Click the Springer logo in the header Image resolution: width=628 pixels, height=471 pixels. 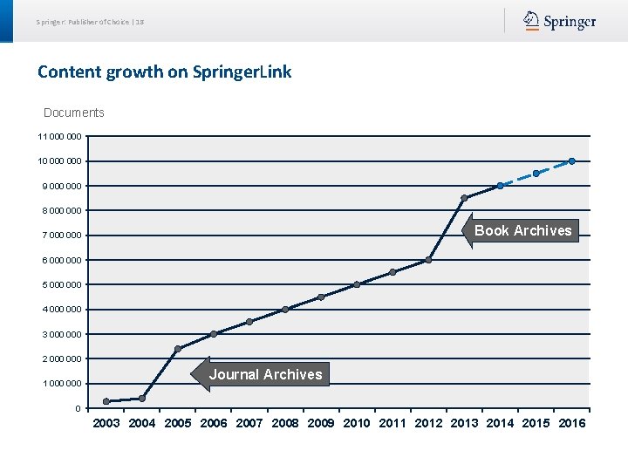coord(560,21)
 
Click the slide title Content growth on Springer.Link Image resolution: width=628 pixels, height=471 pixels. coord(164,72)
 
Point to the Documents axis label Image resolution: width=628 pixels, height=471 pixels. coord(74,113)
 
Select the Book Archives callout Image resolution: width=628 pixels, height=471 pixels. coord(522,230)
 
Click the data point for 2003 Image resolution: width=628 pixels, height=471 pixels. coord(106,401)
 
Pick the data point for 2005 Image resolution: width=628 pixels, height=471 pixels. coord(178,349)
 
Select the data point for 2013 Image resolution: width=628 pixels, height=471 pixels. coord(464,199)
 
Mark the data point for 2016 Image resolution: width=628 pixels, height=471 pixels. coord(572,160)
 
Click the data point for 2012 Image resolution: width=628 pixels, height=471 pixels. coord(428,260)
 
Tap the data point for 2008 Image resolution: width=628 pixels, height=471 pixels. coord(285,310)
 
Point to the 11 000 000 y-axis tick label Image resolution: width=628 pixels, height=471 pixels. coord(60,137)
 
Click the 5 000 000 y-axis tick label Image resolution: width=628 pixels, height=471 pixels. coord(60,285)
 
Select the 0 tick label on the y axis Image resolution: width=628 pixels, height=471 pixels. coord(78,408)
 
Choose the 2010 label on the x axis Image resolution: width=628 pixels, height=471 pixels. coord(357,424)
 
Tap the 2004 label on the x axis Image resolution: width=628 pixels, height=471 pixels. coord(142,424)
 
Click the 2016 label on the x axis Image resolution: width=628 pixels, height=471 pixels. coord(572,424)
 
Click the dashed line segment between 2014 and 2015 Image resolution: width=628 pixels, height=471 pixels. coord(518,179)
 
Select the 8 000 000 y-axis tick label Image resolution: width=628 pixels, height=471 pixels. coord(60,211)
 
